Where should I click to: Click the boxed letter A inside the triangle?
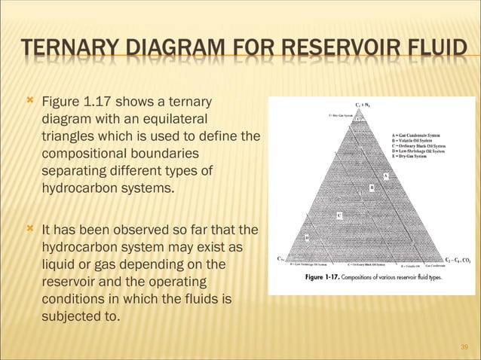(x=386, y=175)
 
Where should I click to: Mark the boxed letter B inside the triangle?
(x=371, y=187)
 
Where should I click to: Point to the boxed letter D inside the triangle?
(x=307, y=239)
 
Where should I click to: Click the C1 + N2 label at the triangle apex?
(x=361, y=105)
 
